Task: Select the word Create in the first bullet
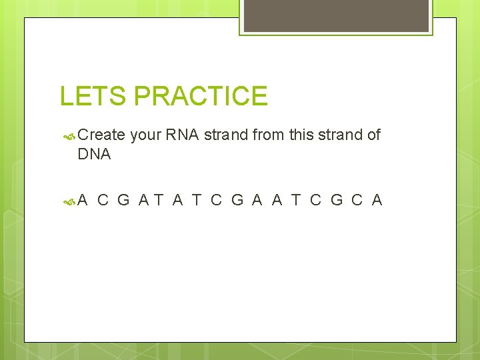(101, 135)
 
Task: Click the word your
(145, 135)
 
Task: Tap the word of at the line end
(373, 135)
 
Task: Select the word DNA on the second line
(94, 155)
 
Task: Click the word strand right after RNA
(227, 135)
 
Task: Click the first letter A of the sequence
(83, 199)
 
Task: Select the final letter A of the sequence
(377, 199)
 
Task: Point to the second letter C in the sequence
(216, 199)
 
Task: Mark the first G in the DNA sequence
(123, 199)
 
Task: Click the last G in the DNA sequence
(337, 199)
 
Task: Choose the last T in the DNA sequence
(296, 199)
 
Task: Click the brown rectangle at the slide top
(336, 15)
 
